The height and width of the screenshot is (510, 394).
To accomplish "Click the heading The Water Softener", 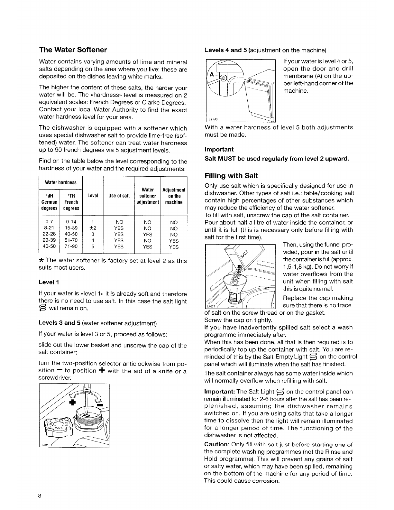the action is (x=73, y=50).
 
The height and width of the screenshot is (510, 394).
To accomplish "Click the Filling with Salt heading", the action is (x=231, y=176).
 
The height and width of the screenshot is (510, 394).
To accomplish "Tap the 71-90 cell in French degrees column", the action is (x=71, y=246).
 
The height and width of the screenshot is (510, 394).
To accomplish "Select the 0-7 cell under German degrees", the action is (x=49, y=222).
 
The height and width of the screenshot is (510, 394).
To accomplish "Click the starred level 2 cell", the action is (x=93, y=228).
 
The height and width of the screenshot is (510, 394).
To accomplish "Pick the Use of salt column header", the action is (x=119, y=196).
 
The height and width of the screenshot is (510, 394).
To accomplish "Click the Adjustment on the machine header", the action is (x=174, y=196).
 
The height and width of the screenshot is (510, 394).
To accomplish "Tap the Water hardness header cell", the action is (x=61, y=182).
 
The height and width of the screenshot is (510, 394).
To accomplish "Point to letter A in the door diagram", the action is (x=212, y=74).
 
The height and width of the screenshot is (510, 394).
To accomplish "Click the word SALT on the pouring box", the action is (x=244, y=254).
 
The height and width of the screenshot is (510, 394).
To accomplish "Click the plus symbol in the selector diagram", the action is (x=72, y=402).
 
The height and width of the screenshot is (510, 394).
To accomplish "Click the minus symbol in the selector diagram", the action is (x=100, y=405).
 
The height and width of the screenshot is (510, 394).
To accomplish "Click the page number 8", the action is (x=40, y=496).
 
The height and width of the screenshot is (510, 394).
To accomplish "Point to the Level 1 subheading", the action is (x=49, y=282).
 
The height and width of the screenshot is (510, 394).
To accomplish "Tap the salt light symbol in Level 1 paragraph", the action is (x=43, y=308).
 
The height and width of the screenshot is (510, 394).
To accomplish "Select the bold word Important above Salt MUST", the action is (x=219, y=150).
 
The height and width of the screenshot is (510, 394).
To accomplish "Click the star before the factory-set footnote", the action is (x=41, y=260).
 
